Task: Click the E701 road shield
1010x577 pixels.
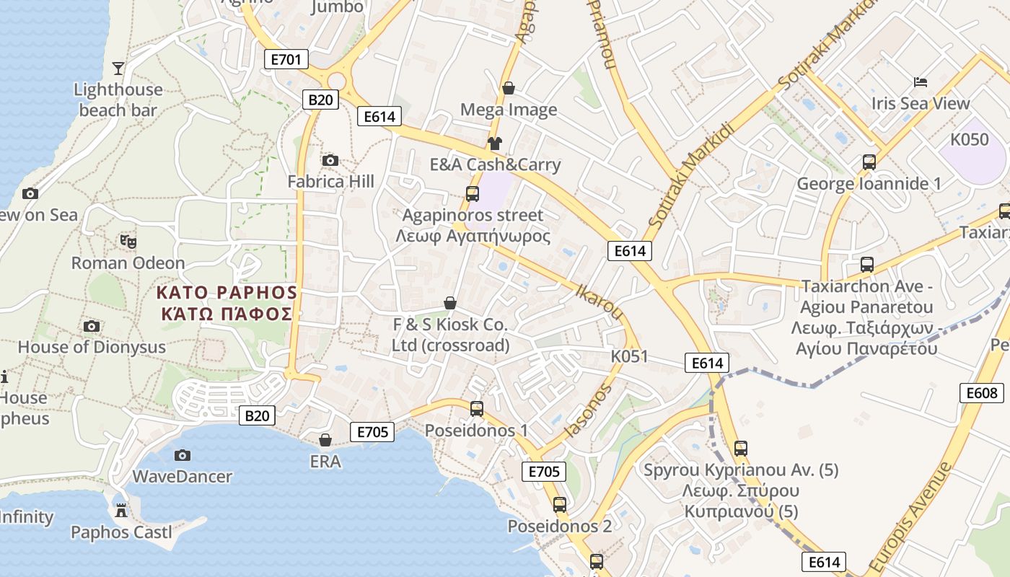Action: [286, 59]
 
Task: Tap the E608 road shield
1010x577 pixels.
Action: [982, 392]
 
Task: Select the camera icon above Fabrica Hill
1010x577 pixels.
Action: [330, 160]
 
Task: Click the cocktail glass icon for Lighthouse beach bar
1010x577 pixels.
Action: [118, 69]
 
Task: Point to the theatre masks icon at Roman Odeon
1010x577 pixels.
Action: [128, 241]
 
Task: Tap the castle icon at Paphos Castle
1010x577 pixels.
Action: [120, 511]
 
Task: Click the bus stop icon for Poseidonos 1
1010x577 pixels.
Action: [476, 409]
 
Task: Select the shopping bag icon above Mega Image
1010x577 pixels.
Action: [509, 88]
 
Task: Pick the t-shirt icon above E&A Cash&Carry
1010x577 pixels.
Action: [495, 143]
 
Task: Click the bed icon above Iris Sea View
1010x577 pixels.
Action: [920, 82]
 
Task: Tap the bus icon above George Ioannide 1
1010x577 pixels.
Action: [869, 162]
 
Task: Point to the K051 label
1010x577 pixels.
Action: [629, 356]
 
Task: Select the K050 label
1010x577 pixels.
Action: [970, 139]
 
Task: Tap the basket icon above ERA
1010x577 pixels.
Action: [325, 440]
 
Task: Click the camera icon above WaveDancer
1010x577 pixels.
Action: [183, 455]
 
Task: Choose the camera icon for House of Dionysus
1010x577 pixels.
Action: [92, 326]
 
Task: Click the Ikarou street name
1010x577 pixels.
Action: [599, 301]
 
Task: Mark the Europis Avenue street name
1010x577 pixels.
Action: [910, 517]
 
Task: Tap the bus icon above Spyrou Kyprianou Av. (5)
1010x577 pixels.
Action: [740, 448]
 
